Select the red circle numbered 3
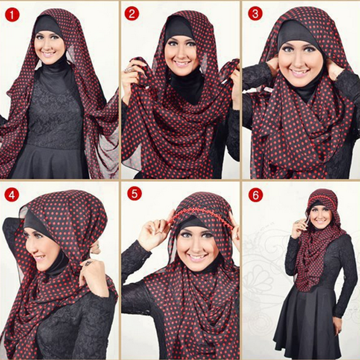point(255,13)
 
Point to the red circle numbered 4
point(12,194)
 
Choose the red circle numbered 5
point(135,194)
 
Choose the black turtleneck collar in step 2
point(186,84)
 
